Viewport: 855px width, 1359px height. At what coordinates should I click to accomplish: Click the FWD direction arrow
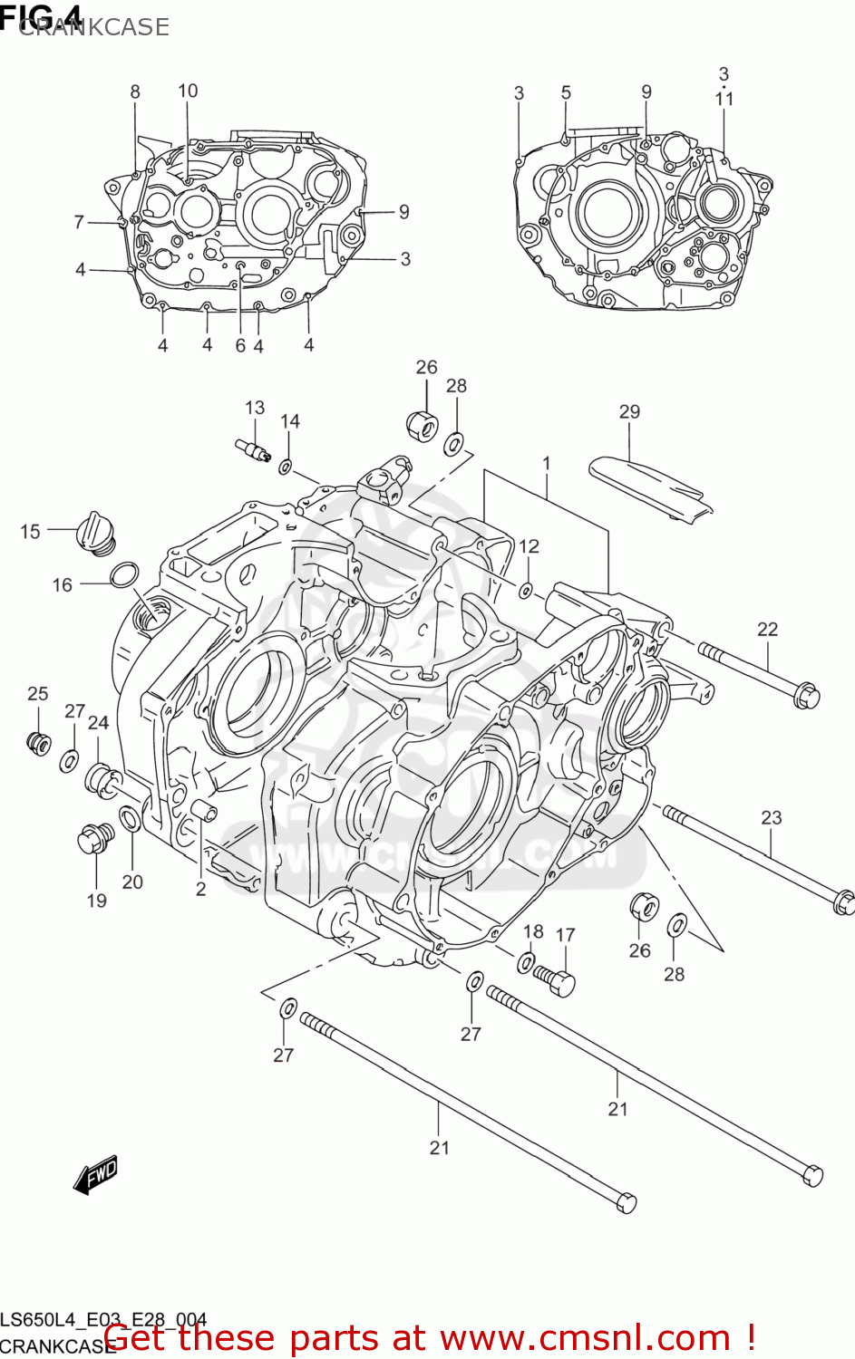96,1175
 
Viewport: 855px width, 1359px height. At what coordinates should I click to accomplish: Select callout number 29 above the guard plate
629,412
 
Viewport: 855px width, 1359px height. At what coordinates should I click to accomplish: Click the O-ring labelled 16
124,574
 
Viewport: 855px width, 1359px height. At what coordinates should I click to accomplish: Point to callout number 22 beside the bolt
767,629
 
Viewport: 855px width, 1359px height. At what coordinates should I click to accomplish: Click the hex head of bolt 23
841,902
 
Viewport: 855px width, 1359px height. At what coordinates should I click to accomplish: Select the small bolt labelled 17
555,979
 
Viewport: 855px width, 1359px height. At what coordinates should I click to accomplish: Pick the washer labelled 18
526,961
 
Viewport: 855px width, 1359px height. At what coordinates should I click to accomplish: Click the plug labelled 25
38,742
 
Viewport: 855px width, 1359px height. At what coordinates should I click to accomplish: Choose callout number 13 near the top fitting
255,408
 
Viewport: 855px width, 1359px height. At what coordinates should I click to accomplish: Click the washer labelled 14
286,467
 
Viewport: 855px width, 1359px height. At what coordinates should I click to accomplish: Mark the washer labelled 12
526,591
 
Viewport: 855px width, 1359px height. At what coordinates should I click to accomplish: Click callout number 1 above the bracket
547,464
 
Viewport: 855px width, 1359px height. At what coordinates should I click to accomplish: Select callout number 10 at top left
188,91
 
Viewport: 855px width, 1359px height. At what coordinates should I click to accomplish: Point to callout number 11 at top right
724,99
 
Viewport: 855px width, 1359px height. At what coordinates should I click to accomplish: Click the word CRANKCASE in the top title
94,27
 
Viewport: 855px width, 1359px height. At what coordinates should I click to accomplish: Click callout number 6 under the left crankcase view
240,345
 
